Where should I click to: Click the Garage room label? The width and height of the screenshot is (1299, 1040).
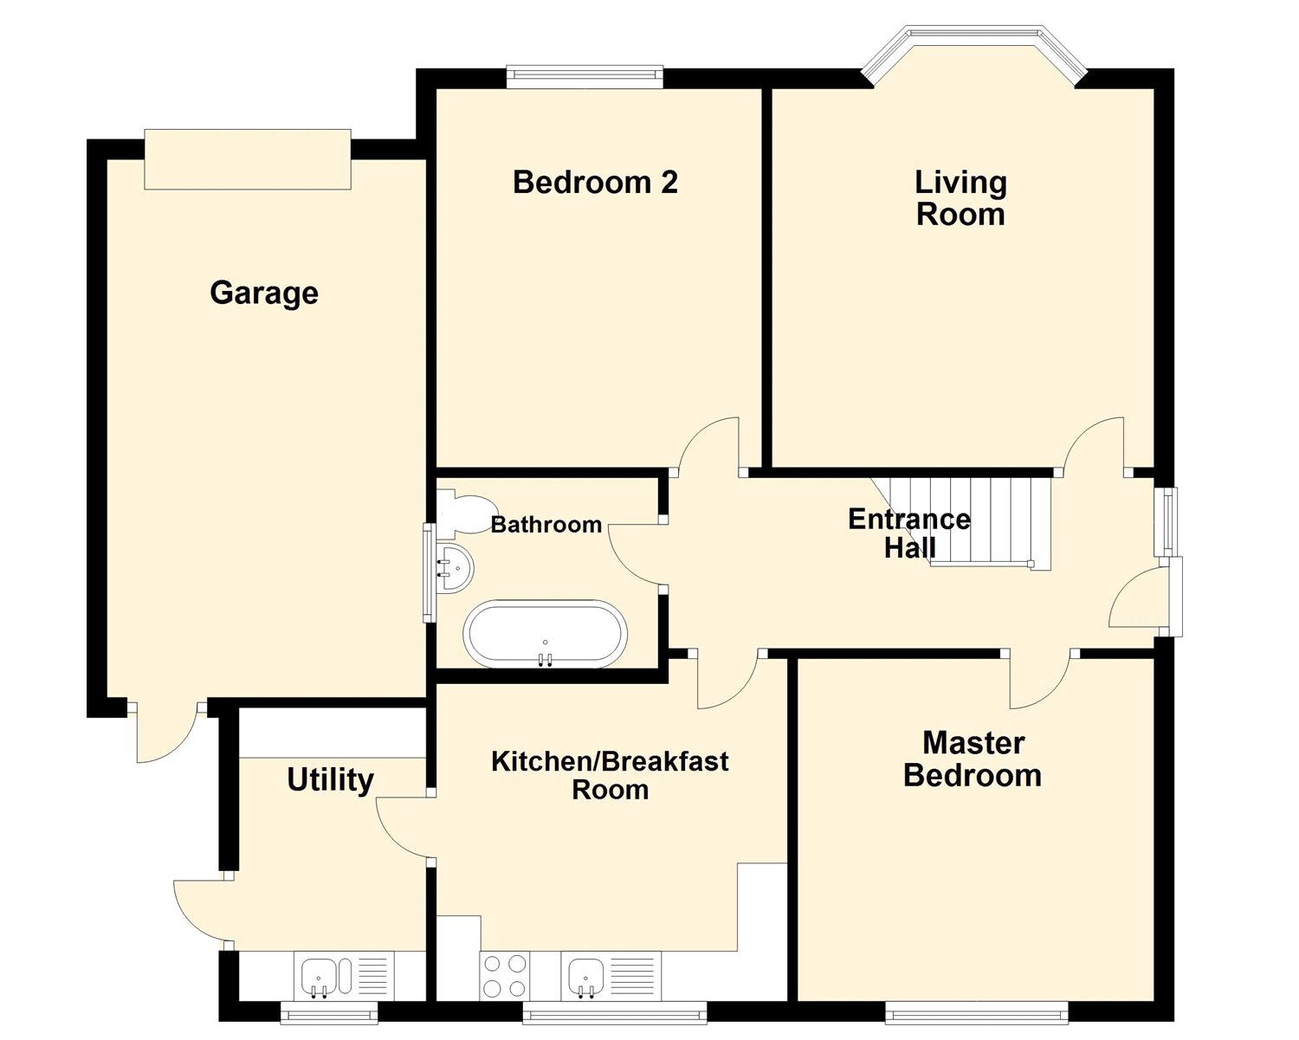tap(264, 294)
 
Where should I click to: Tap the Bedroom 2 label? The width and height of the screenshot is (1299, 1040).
tap(595, 182)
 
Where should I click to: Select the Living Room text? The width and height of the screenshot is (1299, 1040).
tap(960, 198)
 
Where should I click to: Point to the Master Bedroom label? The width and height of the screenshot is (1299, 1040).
tap(973, 759)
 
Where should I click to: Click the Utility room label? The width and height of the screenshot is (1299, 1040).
tap(330, 780)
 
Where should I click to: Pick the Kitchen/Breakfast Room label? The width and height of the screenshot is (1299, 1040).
tap(610, 775)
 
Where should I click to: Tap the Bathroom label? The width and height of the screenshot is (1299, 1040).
tap(546, 525)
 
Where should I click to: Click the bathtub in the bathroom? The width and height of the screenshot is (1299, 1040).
tap(545, 633)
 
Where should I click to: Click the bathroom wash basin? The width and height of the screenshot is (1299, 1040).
tap(455, 568)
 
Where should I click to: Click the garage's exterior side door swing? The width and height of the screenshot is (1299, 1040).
tap(167, 733)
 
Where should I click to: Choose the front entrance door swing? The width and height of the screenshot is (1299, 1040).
tap(1138, 598)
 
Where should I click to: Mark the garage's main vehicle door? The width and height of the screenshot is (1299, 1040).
tap(248, 159)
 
